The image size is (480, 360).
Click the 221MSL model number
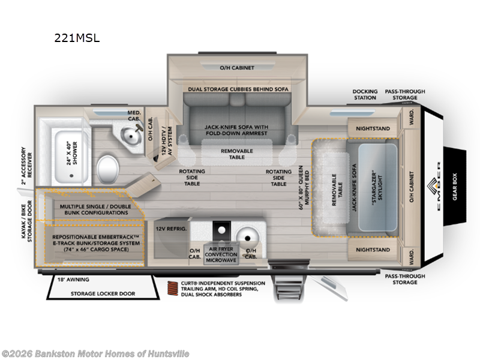click(x=76, y=37)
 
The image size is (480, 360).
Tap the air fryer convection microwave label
click(x=222, y=252)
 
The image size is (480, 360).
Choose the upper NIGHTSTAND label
click(x=373, y=128)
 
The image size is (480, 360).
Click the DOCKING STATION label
click(x=364, y=94)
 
